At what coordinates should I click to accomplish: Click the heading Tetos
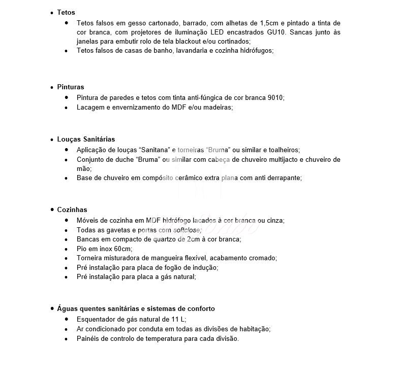[66, 12]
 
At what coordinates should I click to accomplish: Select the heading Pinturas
[71, 87]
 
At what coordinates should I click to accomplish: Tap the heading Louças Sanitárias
[86, 139]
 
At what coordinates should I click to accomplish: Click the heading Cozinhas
[72, 210]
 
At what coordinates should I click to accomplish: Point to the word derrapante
[283, 178]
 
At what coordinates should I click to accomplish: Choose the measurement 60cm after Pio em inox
[124, 249]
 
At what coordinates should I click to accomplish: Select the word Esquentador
[96, 320]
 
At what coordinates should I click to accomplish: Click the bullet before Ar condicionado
[66, 329]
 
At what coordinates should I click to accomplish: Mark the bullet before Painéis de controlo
[66, 338]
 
